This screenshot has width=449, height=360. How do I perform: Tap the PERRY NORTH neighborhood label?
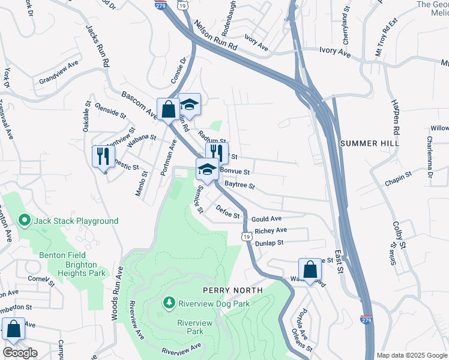(232, 290)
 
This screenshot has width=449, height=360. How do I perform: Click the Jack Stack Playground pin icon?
(25, 221)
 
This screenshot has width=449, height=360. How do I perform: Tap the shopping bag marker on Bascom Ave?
(168, 110)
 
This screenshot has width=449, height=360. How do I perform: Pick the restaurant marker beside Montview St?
(102, 156)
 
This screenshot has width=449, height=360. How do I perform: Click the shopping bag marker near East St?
(310, 270)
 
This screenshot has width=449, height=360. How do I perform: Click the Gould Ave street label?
(267, 219)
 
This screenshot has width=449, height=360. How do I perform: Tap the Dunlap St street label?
(268, 243)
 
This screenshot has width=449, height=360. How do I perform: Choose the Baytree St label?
(240, 186)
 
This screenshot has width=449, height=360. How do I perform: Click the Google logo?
(20, 352)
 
